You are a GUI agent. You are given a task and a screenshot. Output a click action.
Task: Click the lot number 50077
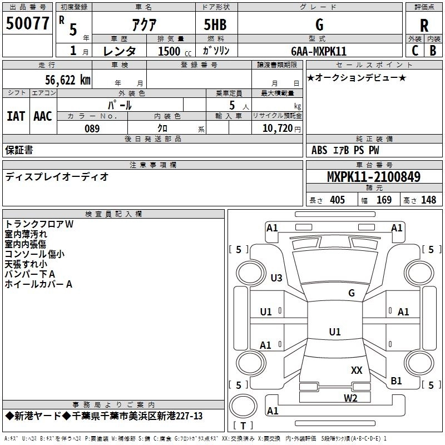[27, 23]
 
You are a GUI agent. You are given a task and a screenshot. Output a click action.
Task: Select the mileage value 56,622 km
[68, 80]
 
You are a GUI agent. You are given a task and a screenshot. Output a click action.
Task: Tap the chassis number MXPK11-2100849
[374, 176]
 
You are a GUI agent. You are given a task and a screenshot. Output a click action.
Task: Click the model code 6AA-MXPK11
[319, 51]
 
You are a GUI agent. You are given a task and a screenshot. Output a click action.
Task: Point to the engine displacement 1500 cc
[175, 51]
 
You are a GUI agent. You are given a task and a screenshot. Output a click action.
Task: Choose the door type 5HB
[215, 24]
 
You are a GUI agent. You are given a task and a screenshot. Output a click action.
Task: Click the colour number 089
[92, 128]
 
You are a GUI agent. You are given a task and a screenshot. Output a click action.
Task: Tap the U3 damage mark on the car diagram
[276, 278]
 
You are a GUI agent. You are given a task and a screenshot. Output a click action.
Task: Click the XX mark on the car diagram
[357, 370]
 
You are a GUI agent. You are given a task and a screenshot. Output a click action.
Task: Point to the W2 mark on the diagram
[350, 398]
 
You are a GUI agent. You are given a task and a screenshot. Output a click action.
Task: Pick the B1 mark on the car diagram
[396, 380]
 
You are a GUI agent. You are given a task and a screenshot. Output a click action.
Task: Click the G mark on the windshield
[352, 293]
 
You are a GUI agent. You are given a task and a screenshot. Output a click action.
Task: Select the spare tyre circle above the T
[243, 406]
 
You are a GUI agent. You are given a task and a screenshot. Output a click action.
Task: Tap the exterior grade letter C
[415, 51]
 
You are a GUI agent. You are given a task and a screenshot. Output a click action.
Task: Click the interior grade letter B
[433, 51]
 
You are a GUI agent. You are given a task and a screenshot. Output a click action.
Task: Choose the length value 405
[337, 200]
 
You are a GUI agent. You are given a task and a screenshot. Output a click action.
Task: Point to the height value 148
[428, 200]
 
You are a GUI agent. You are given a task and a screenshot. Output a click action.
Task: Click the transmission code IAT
[16, 116]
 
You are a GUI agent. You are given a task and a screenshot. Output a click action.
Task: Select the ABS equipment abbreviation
[319, 150]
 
